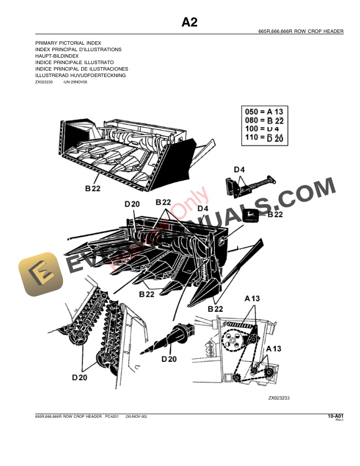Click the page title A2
point(189,22)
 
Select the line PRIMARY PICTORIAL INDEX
point(68,44)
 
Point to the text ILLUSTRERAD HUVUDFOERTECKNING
point(81,75)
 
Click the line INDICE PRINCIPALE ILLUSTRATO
point(75,62)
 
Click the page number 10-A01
point(335,417)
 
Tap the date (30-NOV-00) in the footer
point(136,417)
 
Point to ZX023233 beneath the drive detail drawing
point(279,398)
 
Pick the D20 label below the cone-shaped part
point(169,359)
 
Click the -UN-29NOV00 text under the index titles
point(74,83)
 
